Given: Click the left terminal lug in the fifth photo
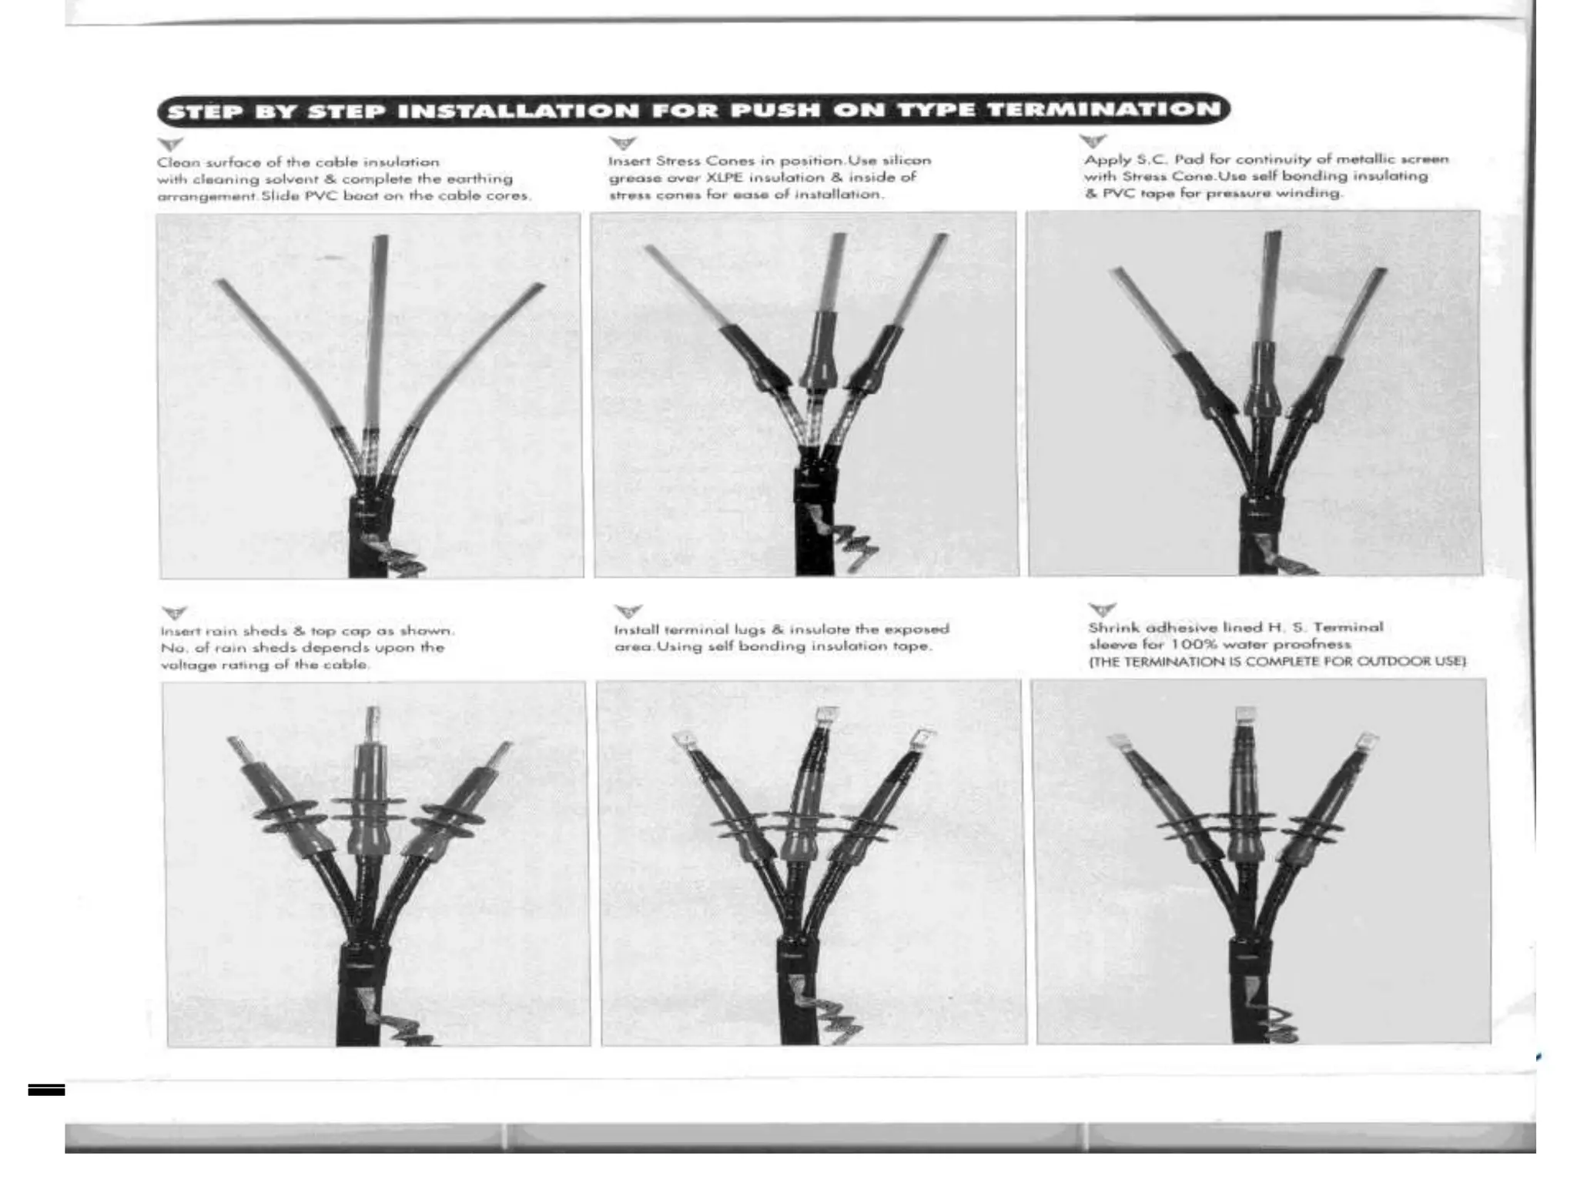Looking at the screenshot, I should [682, 740].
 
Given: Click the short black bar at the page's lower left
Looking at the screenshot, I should [46, 1090].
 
